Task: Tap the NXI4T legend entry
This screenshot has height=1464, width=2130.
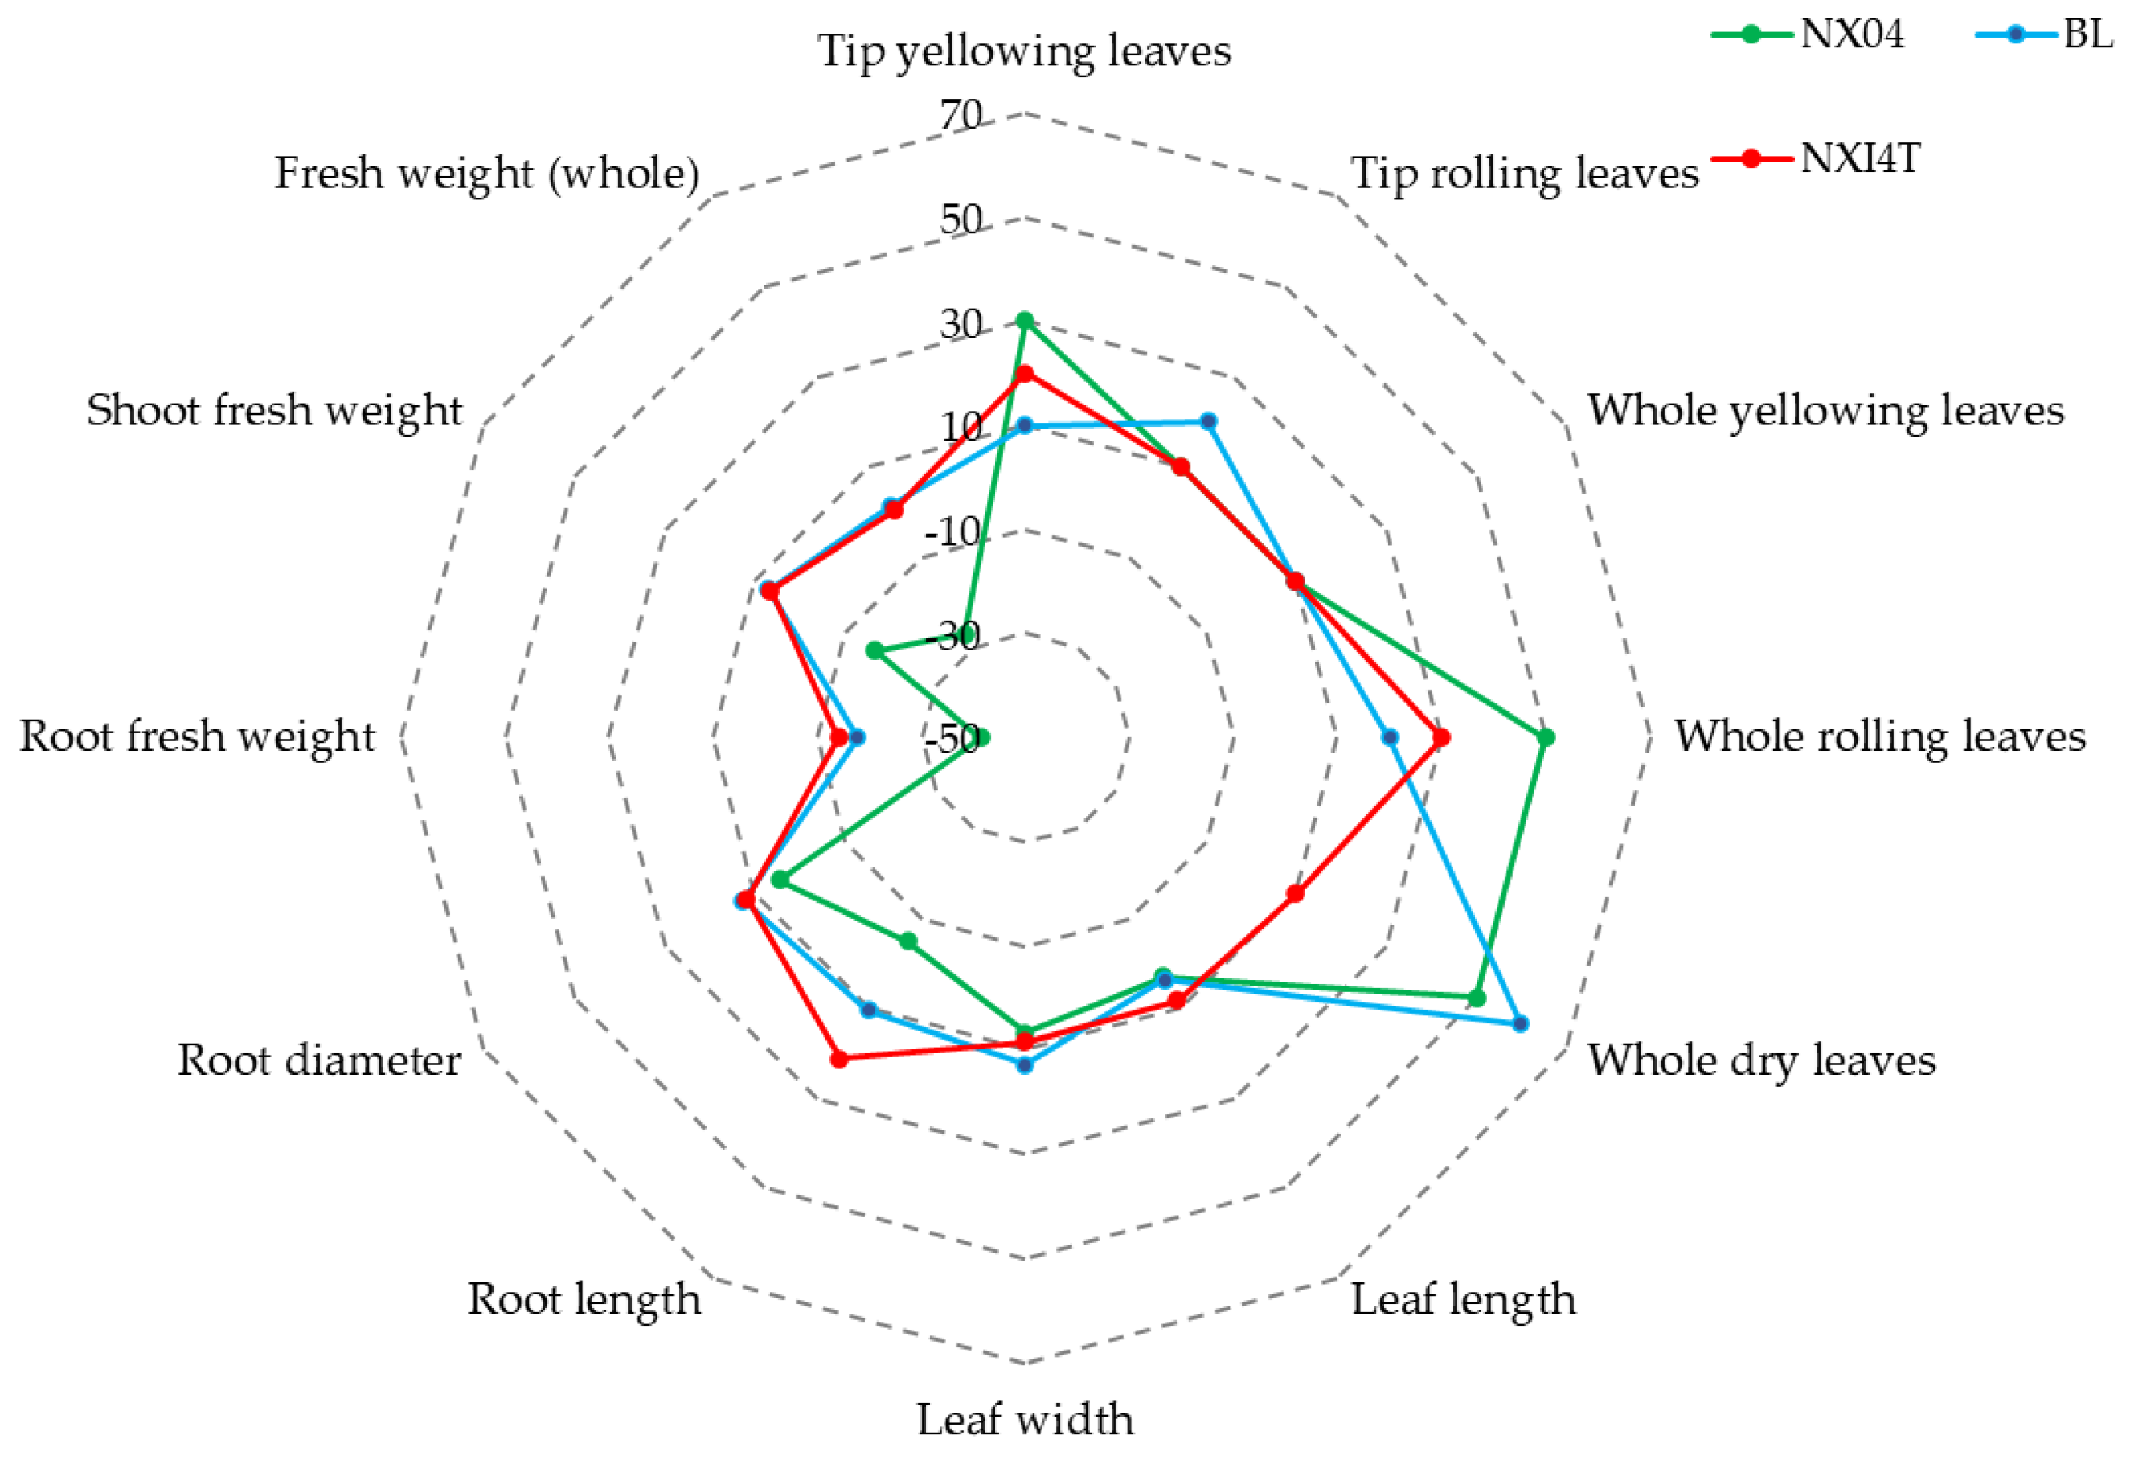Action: click(1815, 158)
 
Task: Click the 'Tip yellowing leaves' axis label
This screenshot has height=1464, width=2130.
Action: click(1024, 51)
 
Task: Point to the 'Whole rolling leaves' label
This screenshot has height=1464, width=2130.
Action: click(1881, 736)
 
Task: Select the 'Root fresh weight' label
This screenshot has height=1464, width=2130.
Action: click(197, 736)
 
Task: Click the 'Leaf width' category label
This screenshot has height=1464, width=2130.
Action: click(1025, 1420)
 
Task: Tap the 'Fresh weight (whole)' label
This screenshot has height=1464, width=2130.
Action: click(487, 174)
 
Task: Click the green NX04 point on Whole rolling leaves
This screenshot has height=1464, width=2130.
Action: click(1546, 737)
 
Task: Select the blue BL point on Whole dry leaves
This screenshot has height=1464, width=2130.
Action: click(1520, 1023)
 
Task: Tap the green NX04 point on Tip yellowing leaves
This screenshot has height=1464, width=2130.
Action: click(1025, 321)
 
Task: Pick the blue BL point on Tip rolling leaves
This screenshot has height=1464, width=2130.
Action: click(1209, 421)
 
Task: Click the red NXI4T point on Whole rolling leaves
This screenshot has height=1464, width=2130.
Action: click(1441, 737)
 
